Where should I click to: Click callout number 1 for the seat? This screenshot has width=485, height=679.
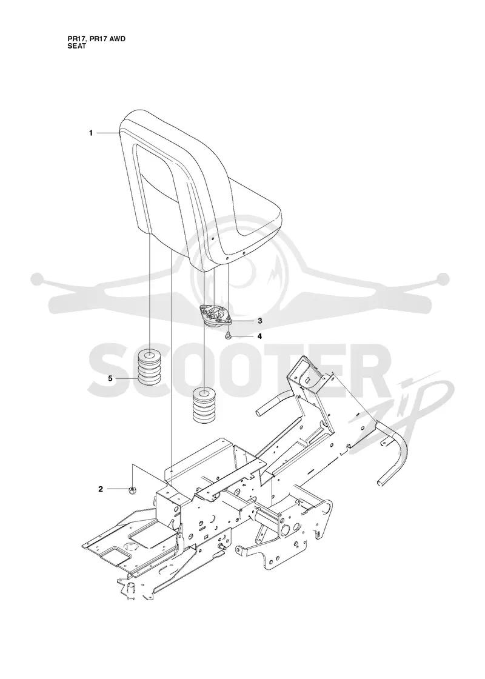[91, 133]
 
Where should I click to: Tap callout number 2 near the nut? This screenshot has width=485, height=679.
[101, 489]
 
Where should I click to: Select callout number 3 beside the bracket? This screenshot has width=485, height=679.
[260, 321]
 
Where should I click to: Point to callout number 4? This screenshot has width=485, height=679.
[260, 336]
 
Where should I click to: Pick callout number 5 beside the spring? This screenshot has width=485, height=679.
[110, 378]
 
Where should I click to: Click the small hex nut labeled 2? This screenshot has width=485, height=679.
[131, 489]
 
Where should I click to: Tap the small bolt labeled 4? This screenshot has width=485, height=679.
[228, 336]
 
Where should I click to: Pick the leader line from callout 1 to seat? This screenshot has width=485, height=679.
[107, 133]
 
